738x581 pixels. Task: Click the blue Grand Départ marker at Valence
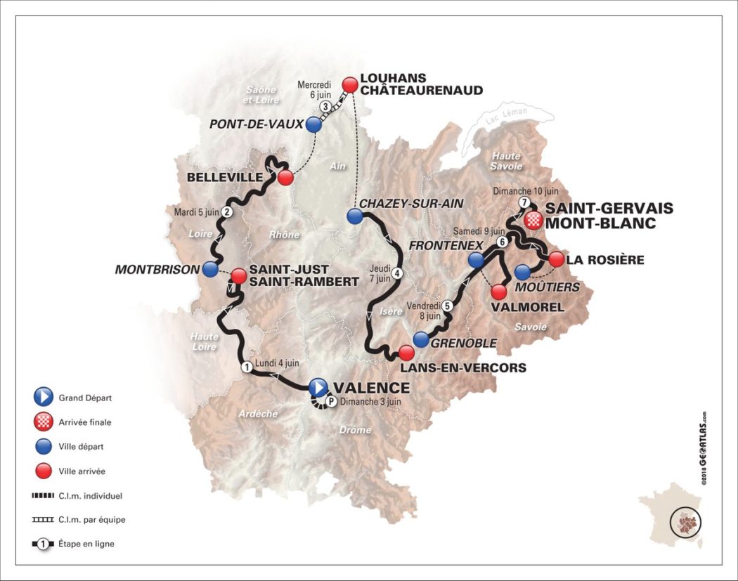pos(318,386)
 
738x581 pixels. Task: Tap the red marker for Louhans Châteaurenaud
pos(349,84)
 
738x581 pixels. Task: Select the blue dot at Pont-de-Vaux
pos(314,125)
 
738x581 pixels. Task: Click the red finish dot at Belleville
pos(285,177)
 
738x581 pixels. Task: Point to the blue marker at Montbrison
pos(209,268)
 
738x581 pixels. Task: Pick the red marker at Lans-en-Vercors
pos(406,352)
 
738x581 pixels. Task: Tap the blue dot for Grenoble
pos(421,339)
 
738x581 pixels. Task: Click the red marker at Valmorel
pos(499,290)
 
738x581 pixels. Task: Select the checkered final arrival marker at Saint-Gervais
pos(534,220)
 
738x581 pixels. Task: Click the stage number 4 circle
pos(398,274)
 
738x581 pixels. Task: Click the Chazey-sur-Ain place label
pos(408,203)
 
